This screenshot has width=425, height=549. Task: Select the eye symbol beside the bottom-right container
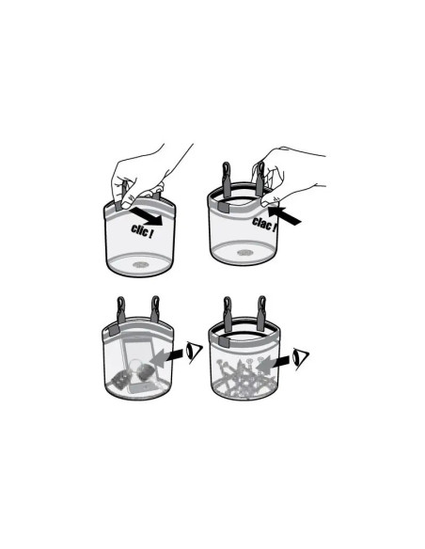click(x=300, y=357)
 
